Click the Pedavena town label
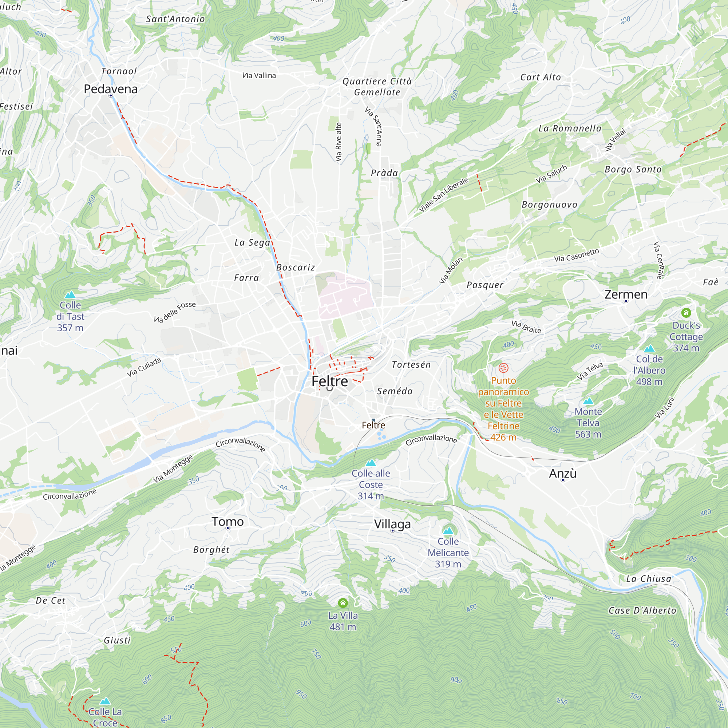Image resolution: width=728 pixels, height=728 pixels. point(110,89)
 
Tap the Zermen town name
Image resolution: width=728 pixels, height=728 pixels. point(626,294)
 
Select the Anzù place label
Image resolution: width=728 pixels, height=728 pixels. point(563,473)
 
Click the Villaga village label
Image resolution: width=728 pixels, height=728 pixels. point(392,524)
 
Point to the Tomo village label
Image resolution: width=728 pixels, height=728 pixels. point(227,522)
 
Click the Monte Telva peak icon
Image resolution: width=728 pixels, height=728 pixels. point(588,401)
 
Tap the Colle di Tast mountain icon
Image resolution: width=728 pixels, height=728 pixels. point(70,295)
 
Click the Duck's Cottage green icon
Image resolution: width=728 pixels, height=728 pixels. point(686,313)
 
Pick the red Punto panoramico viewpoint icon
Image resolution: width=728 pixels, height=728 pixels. point(503,368)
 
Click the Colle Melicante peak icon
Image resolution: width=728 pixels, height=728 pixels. point(448,531)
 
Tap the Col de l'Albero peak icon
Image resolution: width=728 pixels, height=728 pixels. point(649,349)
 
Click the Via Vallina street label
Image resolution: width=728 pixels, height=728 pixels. point(259,75)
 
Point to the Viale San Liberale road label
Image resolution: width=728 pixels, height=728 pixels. point(443,194)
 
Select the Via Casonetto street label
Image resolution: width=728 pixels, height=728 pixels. point(576,255)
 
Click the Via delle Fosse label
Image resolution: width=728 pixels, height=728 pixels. point(175,312)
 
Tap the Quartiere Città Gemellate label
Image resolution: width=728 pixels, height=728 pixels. point(377,87)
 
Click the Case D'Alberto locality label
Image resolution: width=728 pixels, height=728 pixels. point(642,611)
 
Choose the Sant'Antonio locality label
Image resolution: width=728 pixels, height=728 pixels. point(175,19)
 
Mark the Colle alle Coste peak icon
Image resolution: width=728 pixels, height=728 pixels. point(371,463)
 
